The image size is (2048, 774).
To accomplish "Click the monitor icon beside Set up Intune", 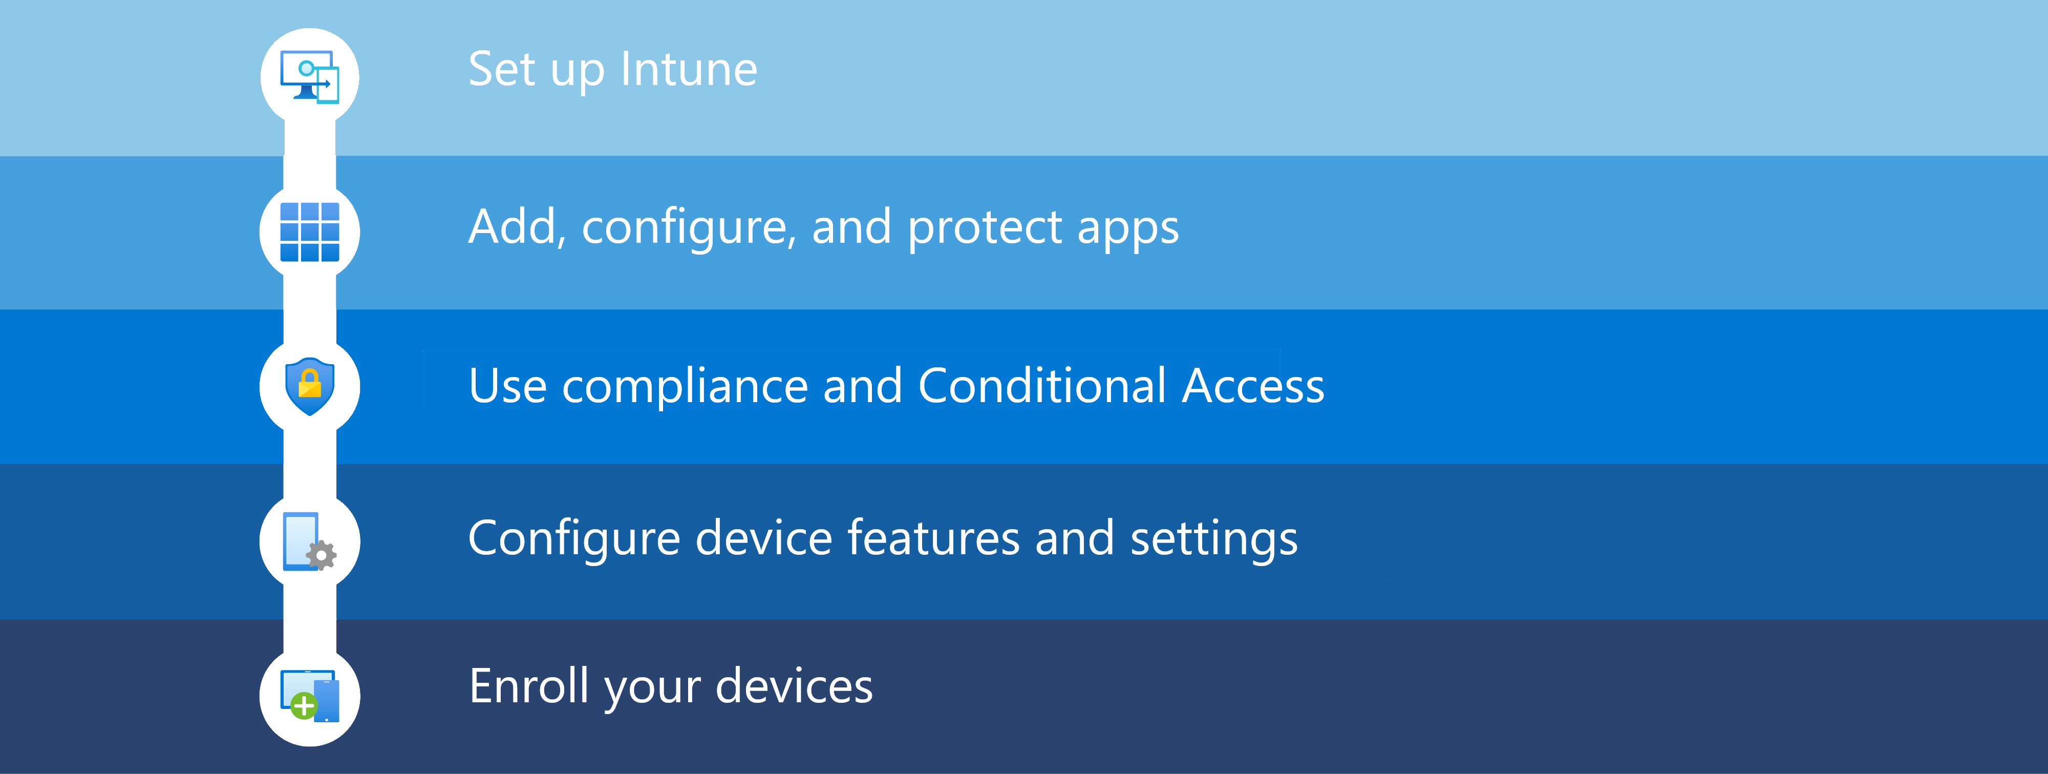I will coord(309,76).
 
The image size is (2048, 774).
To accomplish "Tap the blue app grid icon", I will coord(309,232).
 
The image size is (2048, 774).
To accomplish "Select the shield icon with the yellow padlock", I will coord(309,386).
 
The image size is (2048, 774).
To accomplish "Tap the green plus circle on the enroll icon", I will coord(303,705).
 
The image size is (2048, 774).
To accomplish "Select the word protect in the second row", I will coord(985,228).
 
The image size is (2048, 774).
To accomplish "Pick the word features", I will coord(933,538).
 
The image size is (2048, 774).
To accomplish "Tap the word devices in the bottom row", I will coord(794,686).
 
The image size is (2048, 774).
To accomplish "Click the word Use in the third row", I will coord(507,387).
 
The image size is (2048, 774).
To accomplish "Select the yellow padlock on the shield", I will coord(309,384).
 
